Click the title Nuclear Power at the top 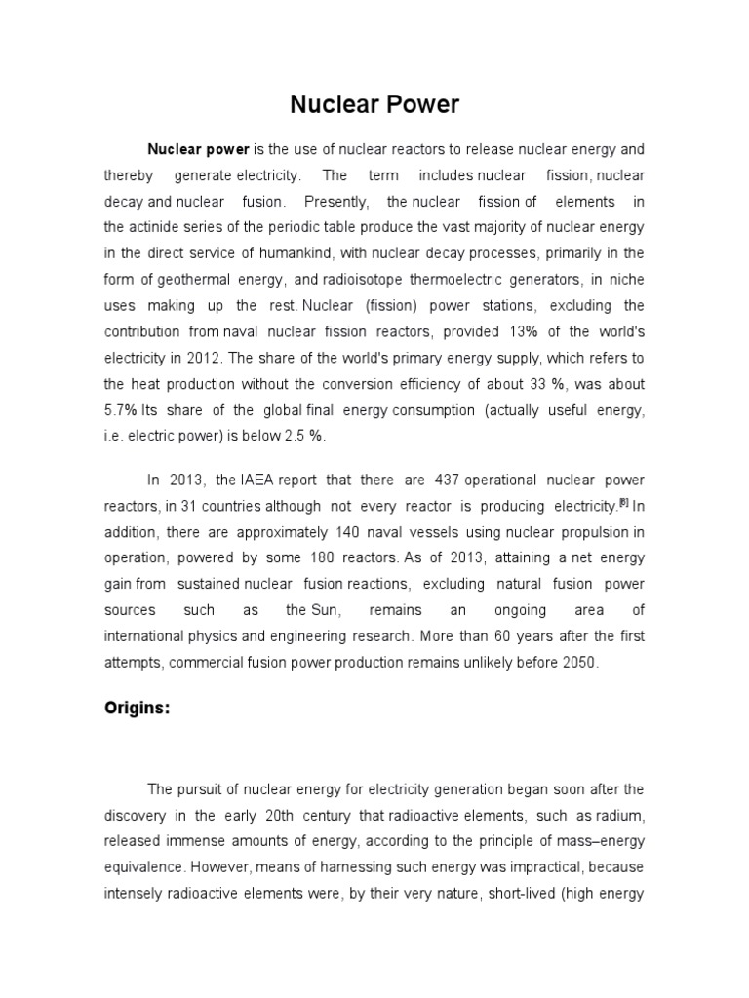point(374,104)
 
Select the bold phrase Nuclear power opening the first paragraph point(199,150)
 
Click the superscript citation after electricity point(625,503)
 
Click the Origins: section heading point(138,709)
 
